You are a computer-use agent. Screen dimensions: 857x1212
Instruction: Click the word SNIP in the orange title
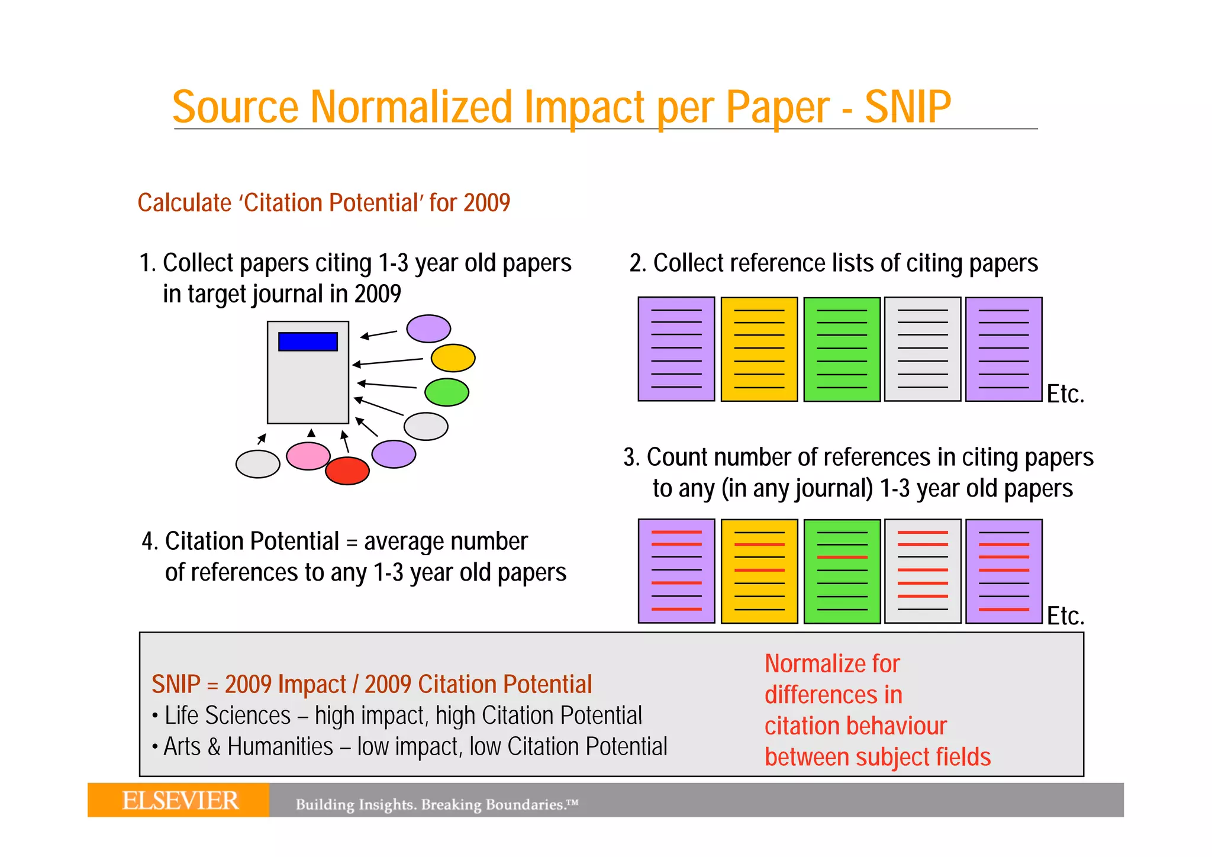tap(907, 107)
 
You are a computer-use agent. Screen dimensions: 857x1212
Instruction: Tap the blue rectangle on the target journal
tap(308, 341)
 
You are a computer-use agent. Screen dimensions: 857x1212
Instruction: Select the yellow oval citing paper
tap(453, 358)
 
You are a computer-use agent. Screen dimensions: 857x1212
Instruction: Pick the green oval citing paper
tap(447, 392)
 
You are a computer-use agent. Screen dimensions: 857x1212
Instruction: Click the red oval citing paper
tap(347, 471)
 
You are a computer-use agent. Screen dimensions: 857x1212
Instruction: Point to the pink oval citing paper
tap(308, 456)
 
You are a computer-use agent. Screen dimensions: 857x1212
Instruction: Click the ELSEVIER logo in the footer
tap(180, 801)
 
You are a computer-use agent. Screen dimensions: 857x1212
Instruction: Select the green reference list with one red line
tap(842, 571)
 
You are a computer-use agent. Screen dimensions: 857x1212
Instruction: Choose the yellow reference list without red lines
tap(759, 349)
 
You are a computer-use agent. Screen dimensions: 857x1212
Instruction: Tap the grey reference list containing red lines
tap(923, 571)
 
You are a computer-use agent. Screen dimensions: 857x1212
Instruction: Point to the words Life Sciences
tap(228, 716)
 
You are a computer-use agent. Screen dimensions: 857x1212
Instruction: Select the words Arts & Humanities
tap(249, 747)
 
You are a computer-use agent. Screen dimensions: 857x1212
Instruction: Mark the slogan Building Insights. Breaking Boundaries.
tap(437, 804)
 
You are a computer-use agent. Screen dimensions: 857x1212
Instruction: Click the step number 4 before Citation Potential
tap(148, 542)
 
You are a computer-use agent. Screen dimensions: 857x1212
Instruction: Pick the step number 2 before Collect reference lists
tap(636, 263)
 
